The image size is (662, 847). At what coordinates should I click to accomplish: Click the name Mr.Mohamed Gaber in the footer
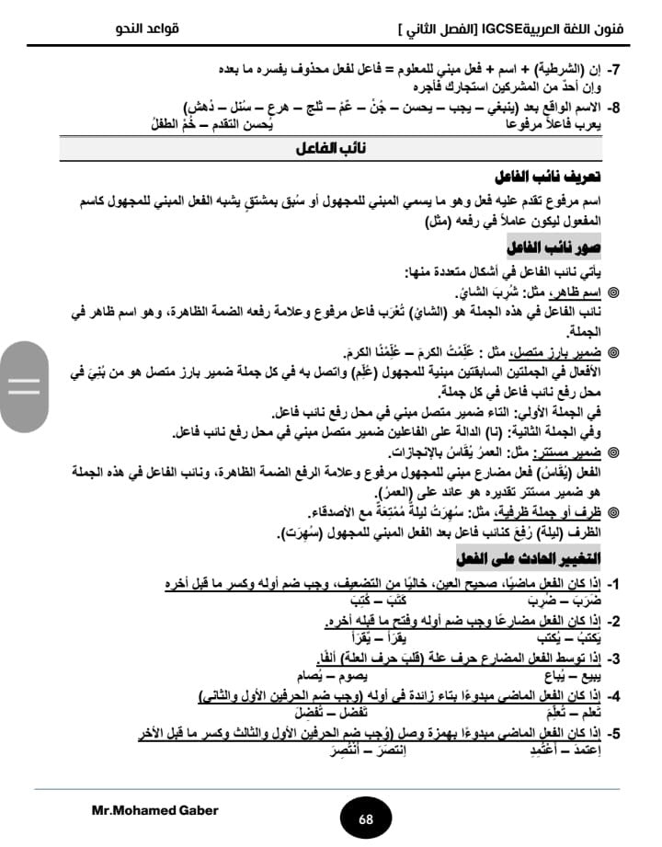pos(154,810)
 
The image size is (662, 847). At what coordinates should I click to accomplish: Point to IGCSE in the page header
pos(510,29)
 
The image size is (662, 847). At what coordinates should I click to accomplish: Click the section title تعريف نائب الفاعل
pos(560,177)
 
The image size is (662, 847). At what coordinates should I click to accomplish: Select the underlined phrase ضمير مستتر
pos(570,452)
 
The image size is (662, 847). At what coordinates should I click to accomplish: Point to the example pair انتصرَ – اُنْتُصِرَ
pos(368,751)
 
